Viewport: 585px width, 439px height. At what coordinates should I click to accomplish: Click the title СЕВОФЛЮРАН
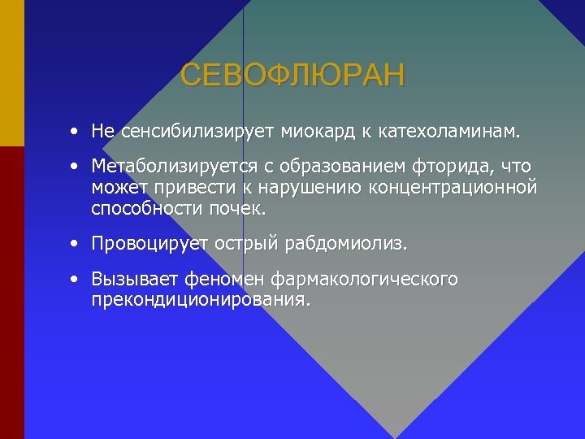(x=292, y=76)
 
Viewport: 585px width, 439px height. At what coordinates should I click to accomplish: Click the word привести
(x=178, y=188)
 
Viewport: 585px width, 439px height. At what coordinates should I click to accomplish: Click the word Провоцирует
(x=149, y=244)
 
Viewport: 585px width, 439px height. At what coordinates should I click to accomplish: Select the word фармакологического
(x=365, y=280)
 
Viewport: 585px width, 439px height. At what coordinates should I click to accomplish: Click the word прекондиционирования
(x=201, y=300)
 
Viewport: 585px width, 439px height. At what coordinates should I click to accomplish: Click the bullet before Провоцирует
(x=75, y=243)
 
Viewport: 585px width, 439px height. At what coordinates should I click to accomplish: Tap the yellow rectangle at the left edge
(x=11, y=73)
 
